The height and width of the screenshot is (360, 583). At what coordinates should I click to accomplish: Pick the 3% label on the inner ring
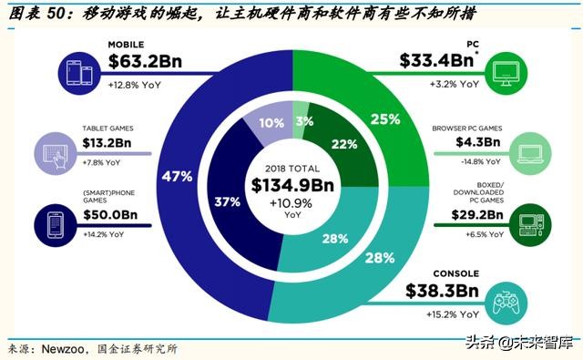tap(303, 121)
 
